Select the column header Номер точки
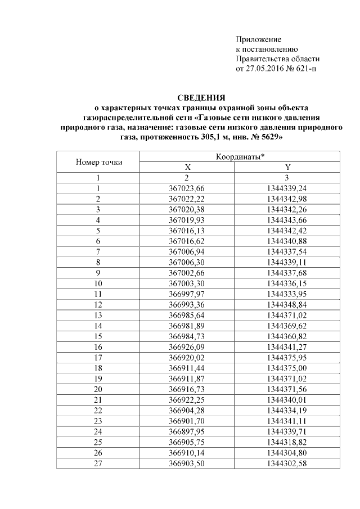[x=98, y=162]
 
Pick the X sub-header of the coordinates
[x=188, y=167]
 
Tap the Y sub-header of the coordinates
[x=287, y=167]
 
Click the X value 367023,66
[x=187, y=188]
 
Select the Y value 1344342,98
[x=287, y=198]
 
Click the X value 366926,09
[x=187, y=345]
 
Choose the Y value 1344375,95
[x=287, y=356]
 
